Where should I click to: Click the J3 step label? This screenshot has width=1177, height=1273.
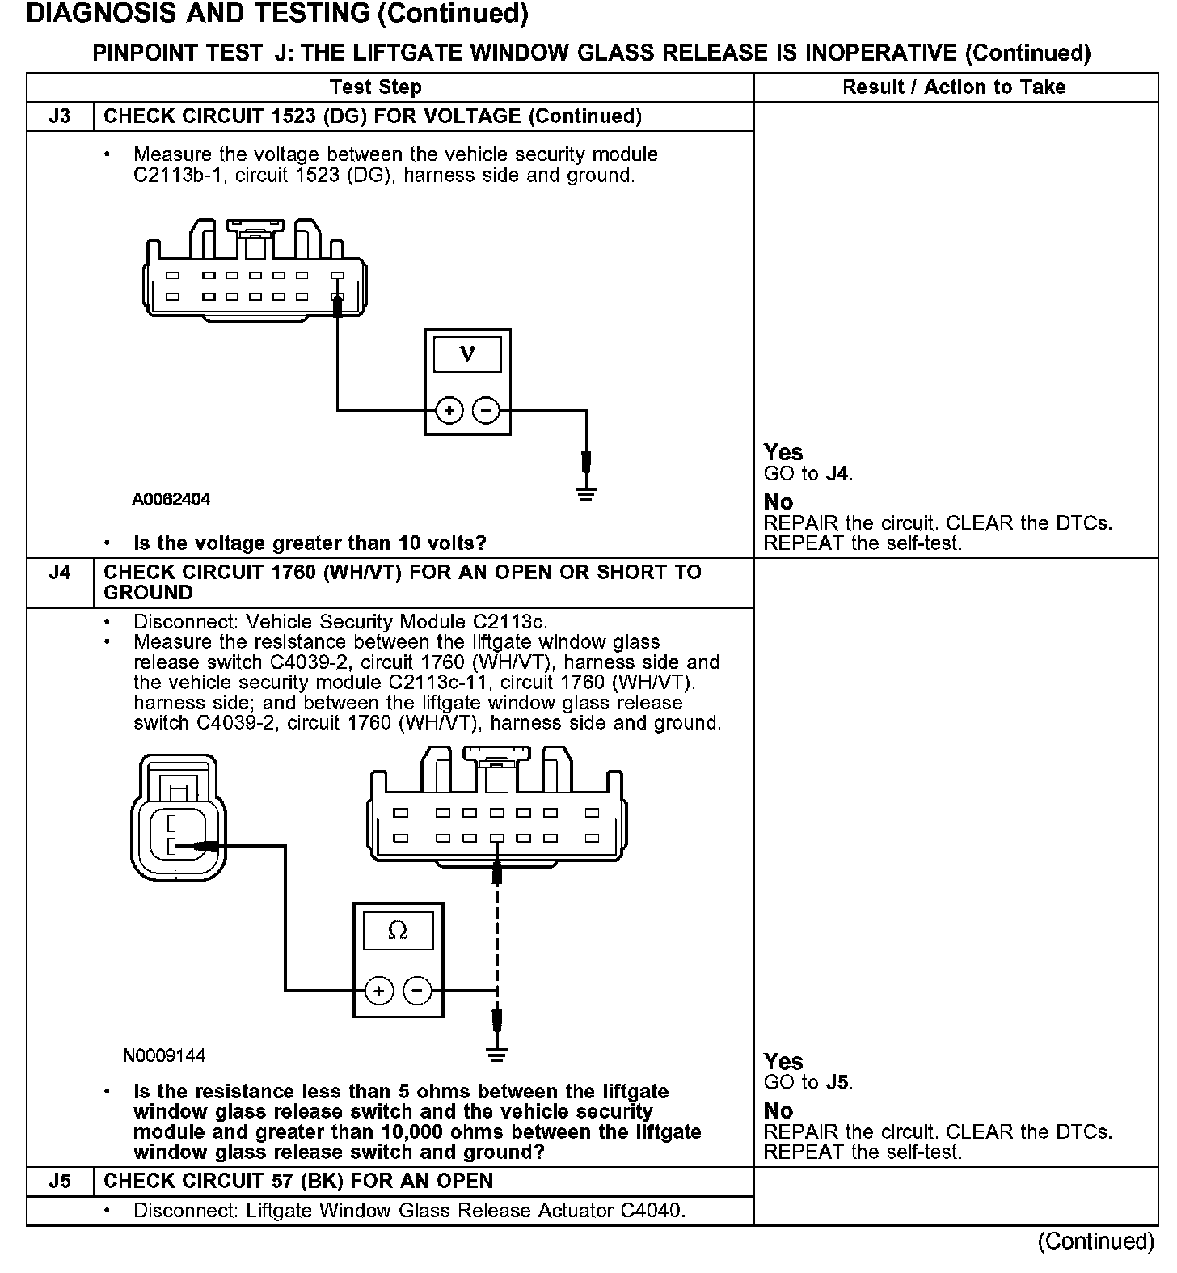pos(60,116)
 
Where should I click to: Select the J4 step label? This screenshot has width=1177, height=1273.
pos(60,573)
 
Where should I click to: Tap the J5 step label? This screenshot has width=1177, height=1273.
pos(60,1181)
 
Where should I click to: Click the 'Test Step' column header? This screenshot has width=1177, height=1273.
pos(375,87)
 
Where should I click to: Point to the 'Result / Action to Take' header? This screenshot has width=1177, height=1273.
pos(954,87)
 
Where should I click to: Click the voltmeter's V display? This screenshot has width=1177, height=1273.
pos(467,354)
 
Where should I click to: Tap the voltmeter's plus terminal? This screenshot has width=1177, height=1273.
pos(449,411)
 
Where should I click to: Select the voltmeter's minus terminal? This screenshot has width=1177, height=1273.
pos(485,411)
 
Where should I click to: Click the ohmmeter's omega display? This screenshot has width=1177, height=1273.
pos(398,931)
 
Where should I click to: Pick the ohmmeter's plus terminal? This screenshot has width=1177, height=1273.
pos(378,990)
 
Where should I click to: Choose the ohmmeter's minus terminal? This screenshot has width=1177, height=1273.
pos(417,990)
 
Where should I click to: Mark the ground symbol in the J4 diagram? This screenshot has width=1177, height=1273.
pos(496,1053)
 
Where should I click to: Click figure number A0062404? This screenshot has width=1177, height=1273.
pos(171,500)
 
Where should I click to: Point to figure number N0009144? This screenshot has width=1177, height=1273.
pos(164,1055)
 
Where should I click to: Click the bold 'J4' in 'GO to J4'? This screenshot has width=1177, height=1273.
pos(837,474)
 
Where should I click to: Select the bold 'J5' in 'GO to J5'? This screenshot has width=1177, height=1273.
pos(837,1083)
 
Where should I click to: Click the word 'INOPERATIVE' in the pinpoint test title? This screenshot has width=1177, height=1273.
pos(881,53)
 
